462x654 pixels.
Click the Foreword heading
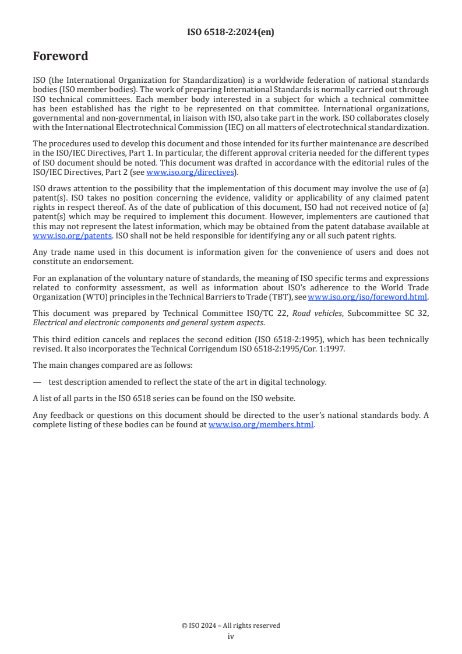(x=61, y=57)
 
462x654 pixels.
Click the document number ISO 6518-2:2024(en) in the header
(x=231, y=33)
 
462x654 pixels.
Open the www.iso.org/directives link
(x=190, y=172)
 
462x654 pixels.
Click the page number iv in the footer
(x=231, y=637)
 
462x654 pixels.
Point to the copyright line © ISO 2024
(x=231, y=625)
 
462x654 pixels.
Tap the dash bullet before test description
(x=37, y=382)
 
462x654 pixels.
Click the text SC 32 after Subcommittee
(x=418, y=312)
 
